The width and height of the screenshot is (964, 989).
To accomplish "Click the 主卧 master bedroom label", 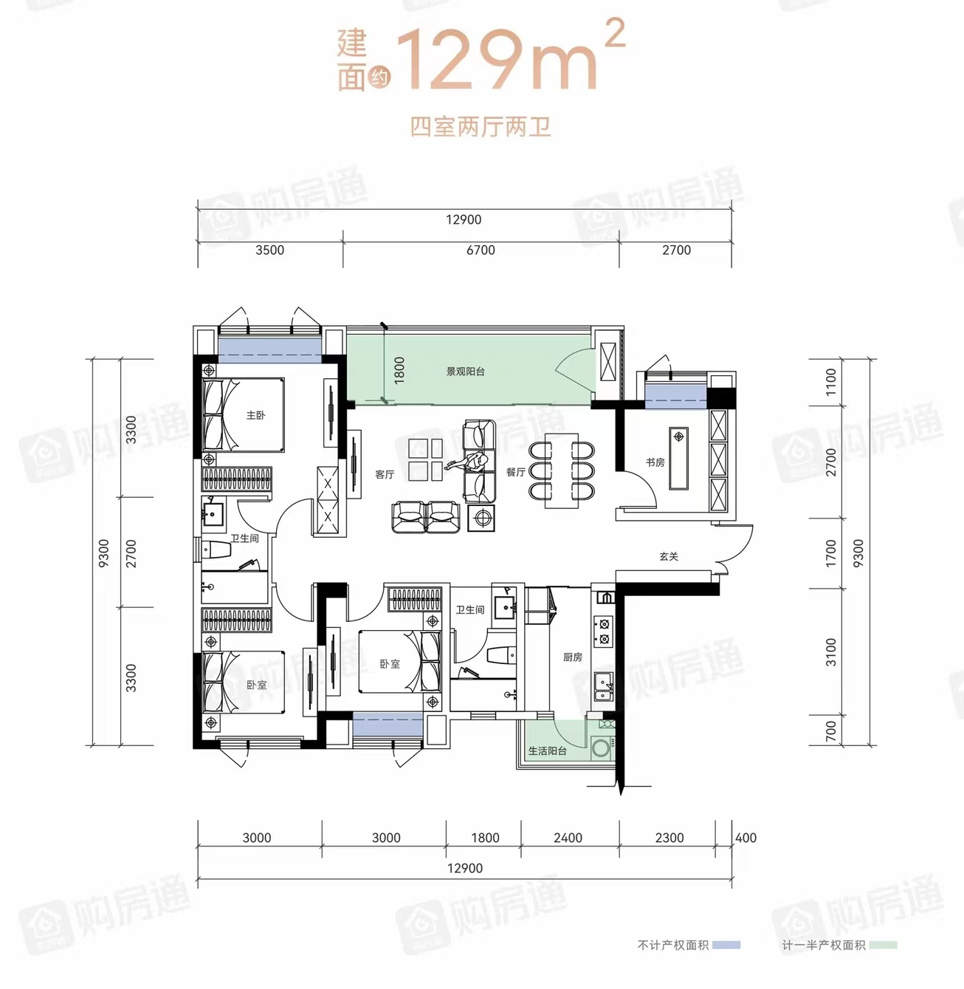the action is tap(255, 415).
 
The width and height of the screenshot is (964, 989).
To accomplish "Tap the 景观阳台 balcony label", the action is tap(465, 372).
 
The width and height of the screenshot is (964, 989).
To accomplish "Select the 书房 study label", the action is tap(655, 462).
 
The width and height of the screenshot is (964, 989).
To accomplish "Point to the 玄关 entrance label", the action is tap(669, 556).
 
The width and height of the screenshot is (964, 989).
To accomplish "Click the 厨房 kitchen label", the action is tap(572, 657).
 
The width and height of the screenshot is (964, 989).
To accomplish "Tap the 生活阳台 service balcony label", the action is tap(547, 750).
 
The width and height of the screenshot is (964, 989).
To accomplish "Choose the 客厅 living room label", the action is tap(385, 474).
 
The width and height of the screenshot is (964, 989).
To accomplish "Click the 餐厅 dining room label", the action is tap(515, 472).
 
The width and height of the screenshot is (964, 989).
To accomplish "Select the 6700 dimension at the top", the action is tap(481, 250).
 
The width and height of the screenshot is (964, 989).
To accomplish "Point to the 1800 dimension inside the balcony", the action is tap(399, 370).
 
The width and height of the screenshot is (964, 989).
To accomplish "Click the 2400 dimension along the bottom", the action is tap(568, 838).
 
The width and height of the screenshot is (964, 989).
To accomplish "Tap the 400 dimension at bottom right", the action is tap(746, 838).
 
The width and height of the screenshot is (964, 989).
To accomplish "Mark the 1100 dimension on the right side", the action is tap(830, 382).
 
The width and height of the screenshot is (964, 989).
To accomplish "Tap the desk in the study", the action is tap(678, 459).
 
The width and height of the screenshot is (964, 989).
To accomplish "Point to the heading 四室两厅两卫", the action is tap(481, 127).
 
